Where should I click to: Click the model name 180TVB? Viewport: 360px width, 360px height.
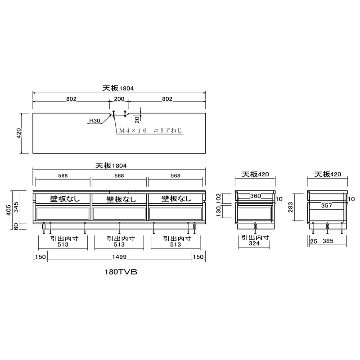(x=121, y=272)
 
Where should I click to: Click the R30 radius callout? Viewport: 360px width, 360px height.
(x=94, y=121)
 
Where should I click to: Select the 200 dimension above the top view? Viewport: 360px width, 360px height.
(x=119, y=99)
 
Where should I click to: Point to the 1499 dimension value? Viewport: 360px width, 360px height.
(x=119, y=256)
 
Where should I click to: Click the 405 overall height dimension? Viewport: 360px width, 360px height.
(x=9, y=210)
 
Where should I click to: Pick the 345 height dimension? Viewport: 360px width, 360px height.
(x=16, y=207)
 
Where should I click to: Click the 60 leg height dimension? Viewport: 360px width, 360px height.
(x=16, y=227)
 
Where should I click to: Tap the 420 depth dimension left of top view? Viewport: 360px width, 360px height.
(x=18, y=133)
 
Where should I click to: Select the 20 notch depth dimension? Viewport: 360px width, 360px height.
(x=137, y=120)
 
